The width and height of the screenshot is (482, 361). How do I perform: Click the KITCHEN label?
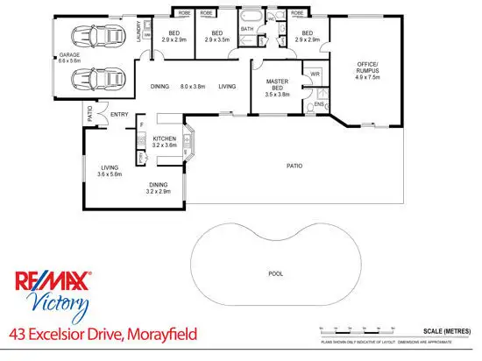click(x=165, y=139)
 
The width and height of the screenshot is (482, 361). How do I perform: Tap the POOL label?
click(x=275, y=273)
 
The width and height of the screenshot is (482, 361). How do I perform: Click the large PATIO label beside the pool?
click(x=298, y=165)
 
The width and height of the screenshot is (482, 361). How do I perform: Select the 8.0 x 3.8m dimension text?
click(x=193, y=86)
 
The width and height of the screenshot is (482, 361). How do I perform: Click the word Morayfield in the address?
click(x=157, y=334)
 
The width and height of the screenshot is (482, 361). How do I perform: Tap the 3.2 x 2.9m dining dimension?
click(x=159, y=192)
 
